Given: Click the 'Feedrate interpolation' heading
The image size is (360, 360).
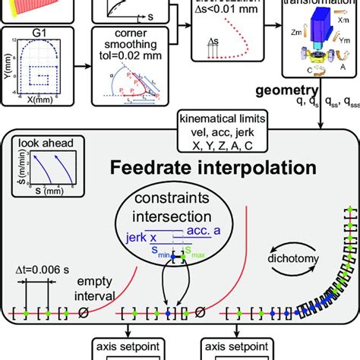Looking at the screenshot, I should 189,166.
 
